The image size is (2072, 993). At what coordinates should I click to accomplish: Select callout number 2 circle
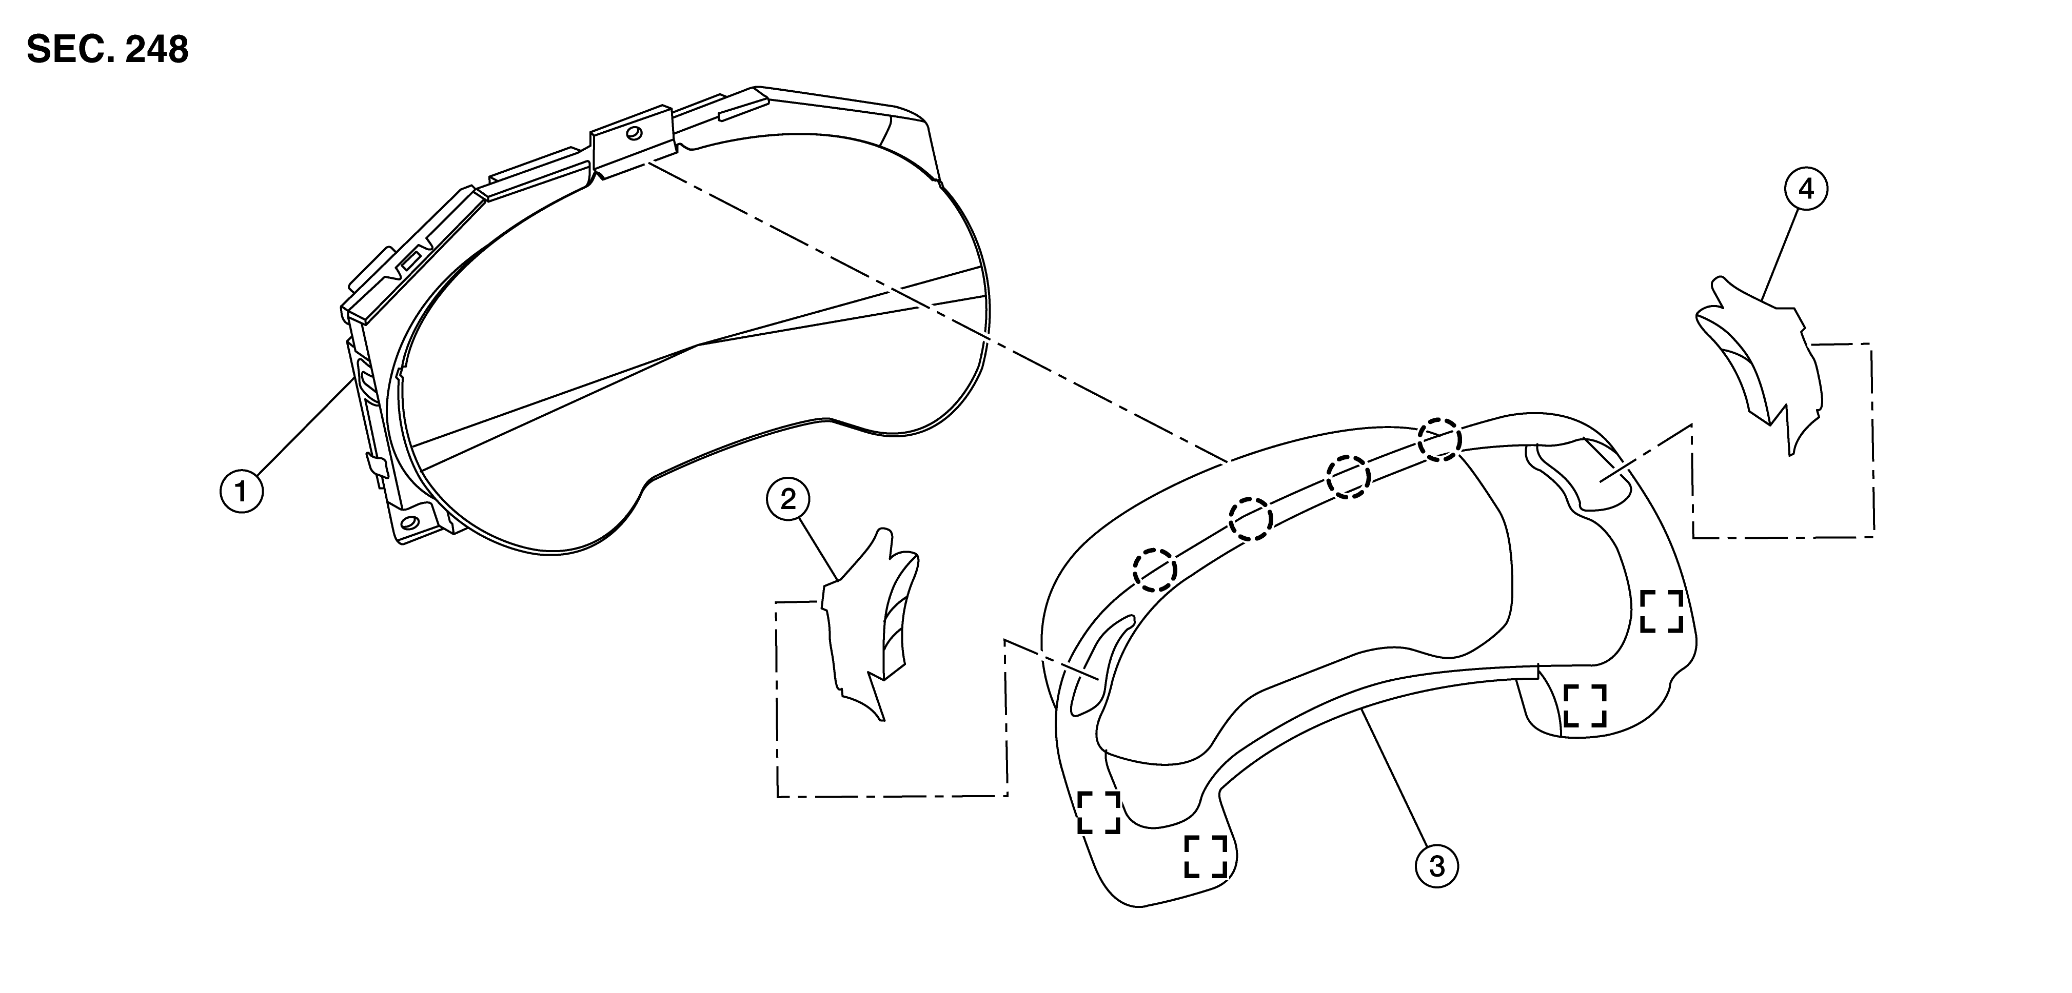[788, 499]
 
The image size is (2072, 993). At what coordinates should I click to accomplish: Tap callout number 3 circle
[1436, 865]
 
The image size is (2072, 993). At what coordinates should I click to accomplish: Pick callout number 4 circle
[1806, 189]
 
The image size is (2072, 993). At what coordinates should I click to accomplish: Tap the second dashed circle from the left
[1251, 519]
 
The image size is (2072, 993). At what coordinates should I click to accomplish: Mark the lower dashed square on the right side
[1585, 705]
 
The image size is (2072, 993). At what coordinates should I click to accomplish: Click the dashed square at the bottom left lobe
[1206, 856]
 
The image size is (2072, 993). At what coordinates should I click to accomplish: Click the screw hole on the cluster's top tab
[635, 133]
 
